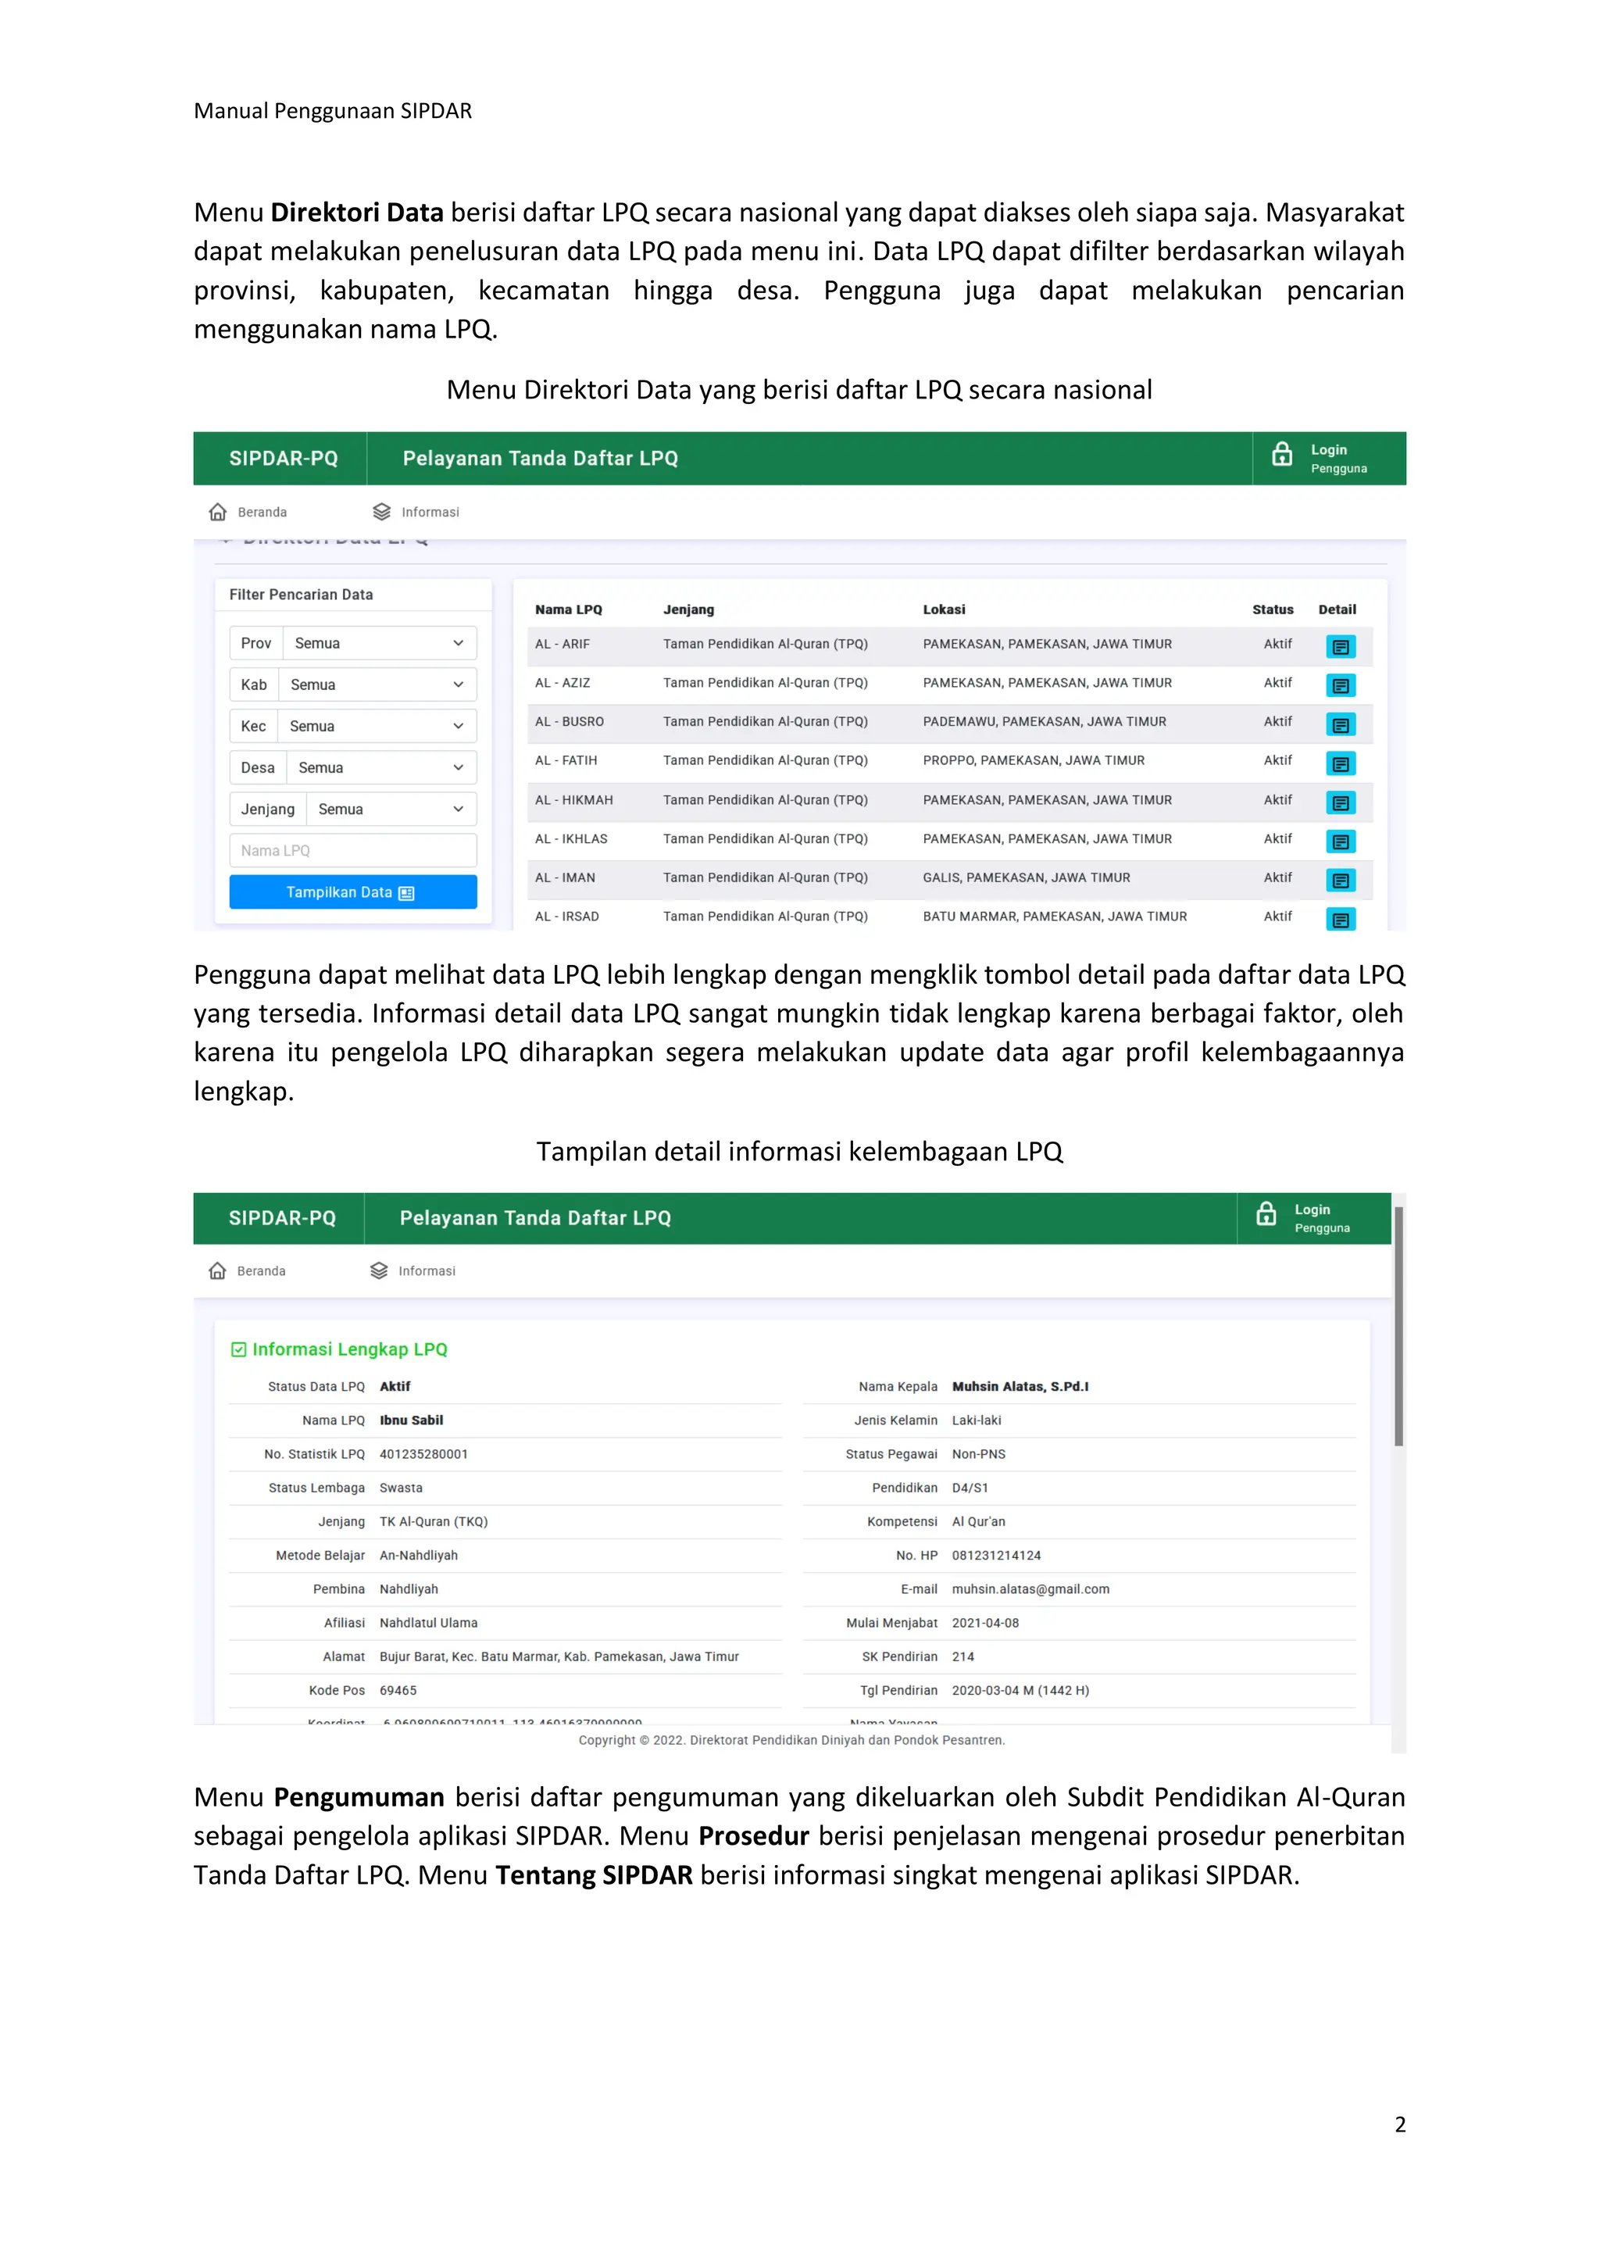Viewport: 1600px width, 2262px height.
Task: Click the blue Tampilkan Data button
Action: click(352, 892)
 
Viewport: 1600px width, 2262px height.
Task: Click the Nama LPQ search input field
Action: click(352, 850)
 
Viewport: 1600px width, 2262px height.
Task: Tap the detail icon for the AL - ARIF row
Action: click(1340, 646)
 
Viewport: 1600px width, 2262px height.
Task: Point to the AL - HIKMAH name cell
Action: click(573, 800)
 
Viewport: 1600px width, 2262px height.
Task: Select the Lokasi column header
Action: click(943, 609)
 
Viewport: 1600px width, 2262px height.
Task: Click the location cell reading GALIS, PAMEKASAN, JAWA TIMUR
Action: click(1026, 877)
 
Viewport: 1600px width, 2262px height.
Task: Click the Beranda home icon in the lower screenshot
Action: click(218, 1271)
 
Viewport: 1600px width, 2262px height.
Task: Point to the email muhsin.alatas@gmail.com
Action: click(1030, 1589)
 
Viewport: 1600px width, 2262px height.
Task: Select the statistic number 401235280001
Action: click(423, 1454)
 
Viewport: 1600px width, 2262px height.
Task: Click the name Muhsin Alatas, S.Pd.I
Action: click(1020, 1386)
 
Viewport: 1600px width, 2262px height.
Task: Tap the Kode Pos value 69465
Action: click(398, 1691)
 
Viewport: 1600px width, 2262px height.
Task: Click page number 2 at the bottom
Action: click(1399, 2124)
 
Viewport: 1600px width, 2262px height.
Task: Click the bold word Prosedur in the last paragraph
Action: click(754, 1835)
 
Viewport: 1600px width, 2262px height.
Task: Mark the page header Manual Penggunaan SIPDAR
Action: click(332, 111)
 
